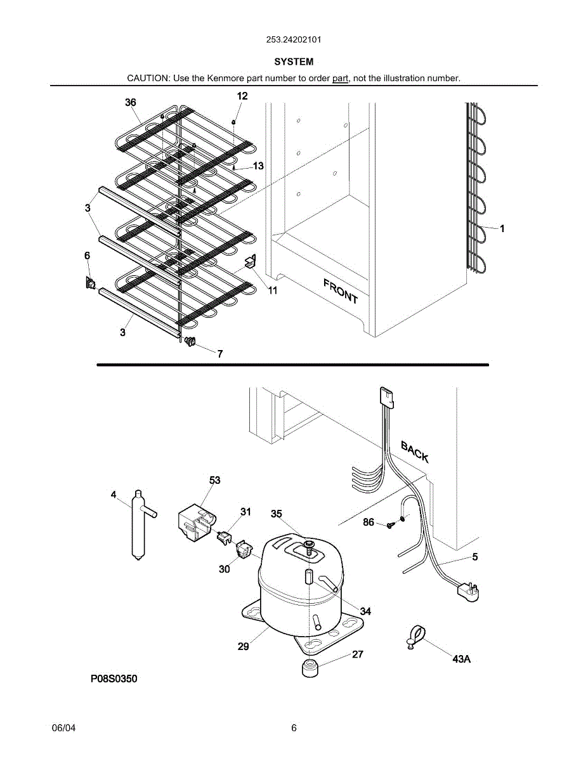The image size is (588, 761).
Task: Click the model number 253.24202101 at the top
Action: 294,39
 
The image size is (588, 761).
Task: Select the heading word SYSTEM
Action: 294,62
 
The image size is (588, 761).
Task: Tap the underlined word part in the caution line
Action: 341,78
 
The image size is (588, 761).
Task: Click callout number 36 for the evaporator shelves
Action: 131,102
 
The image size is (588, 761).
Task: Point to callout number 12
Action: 242,96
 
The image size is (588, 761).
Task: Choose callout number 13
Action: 258,166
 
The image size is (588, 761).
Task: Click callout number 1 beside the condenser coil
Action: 502,229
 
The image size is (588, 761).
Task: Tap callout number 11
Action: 273,290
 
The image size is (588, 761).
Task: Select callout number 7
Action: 220,354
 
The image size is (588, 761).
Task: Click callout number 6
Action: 87,255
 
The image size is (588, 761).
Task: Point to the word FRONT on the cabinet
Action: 341,290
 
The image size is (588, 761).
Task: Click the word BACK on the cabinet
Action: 414,452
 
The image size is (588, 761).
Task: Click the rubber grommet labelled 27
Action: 309,668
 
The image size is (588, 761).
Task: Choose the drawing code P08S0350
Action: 114,679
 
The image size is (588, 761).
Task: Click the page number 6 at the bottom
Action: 294,728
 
